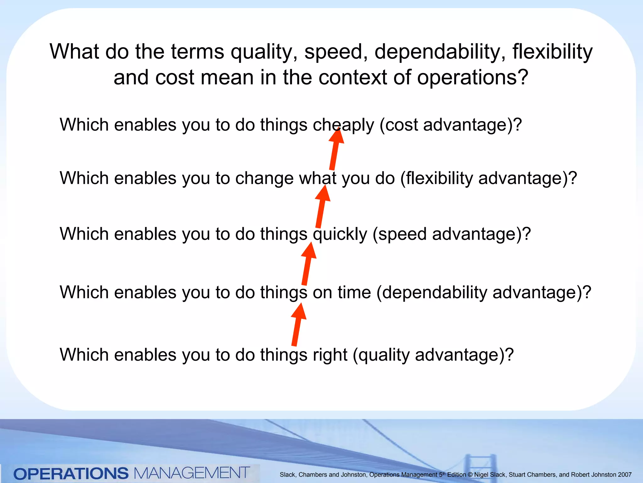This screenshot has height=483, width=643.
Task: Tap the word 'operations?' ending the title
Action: click(x=473, y=78)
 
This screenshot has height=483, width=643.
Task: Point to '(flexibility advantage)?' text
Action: click(x=489, y=178)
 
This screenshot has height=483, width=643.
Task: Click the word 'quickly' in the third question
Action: click(x=340, y=234)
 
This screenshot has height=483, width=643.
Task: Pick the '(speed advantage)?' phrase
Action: click(x=451, y=234)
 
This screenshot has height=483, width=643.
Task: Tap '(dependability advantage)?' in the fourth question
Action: click(x=484, y=292)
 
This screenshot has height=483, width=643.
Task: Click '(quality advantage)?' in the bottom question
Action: click(x=433, y=355)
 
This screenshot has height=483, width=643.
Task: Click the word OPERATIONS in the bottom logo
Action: click(x=71, y=474)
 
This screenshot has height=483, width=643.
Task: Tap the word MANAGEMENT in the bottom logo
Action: click(x=192, y=473)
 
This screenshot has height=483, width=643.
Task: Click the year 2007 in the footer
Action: click(x=624, y=475)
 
